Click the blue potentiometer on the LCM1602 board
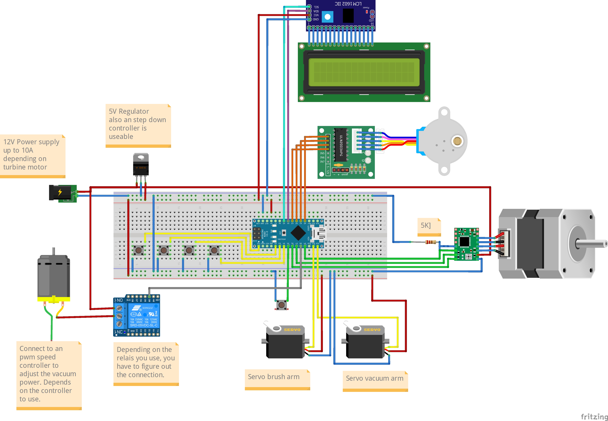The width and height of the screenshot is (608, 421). (x=327, y=17)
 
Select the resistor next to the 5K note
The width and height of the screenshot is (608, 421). (x=431, y=242)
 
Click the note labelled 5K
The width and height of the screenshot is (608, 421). (x=426, y=225)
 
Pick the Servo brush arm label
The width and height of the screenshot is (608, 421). (x=274, y=377)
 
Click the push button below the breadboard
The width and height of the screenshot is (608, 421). (x=281, y=305)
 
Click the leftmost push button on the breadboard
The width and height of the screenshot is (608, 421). (x=138, y=250)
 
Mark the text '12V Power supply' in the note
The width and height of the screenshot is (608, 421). (x=31, y=142)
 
